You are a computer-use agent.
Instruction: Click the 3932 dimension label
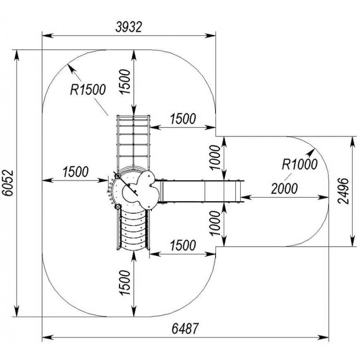coord(129,27)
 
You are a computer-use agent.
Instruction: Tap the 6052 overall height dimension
coord(9,183)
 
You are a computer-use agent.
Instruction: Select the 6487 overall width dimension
coord(184,328)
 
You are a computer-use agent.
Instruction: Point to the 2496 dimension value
coord(344,191)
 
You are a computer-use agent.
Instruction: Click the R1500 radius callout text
coord(88,90)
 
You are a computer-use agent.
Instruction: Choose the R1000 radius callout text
coord(300,164)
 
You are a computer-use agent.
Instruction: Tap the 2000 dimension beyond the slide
coord(284,189)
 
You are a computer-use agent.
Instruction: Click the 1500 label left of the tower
coord(76,171)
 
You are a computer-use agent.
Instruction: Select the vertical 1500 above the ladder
coord(125,81)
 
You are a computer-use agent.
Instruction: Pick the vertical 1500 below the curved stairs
coord(125,283)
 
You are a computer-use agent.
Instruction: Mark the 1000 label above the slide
coord(215,157)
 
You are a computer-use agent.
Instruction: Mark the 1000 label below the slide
coord(215,223)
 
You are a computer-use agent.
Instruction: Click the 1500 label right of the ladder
coord(183,119)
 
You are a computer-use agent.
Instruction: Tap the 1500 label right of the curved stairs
coord(183,245)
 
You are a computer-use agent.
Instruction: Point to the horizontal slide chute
coord(200,191)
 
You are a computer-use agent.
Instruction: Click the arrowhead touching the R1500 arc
coord(71,68)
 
